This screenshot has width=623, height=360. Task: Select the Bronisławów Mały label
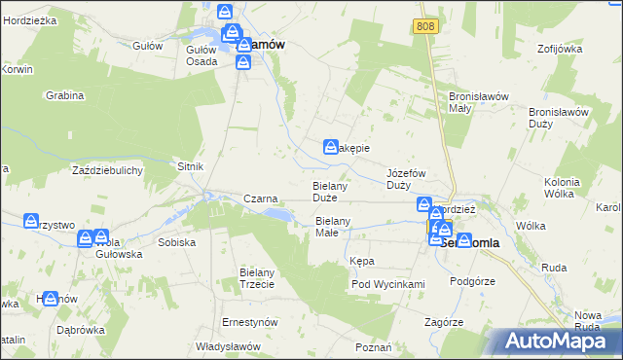pyautogui.click(x=473, y=102)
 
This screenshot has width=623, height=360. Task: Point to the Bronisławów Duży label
pyautogui.click(x=559, y=118)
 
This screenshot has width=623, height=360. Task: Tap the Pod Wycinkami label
pyautogui.click(x=388, y=284)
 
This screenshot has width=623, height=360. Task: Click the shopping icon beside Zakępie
pyautogui.click(x=330, y=147)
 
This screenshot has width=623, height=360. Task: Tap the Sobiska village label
pyautogui.click(x=176, y=241)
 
